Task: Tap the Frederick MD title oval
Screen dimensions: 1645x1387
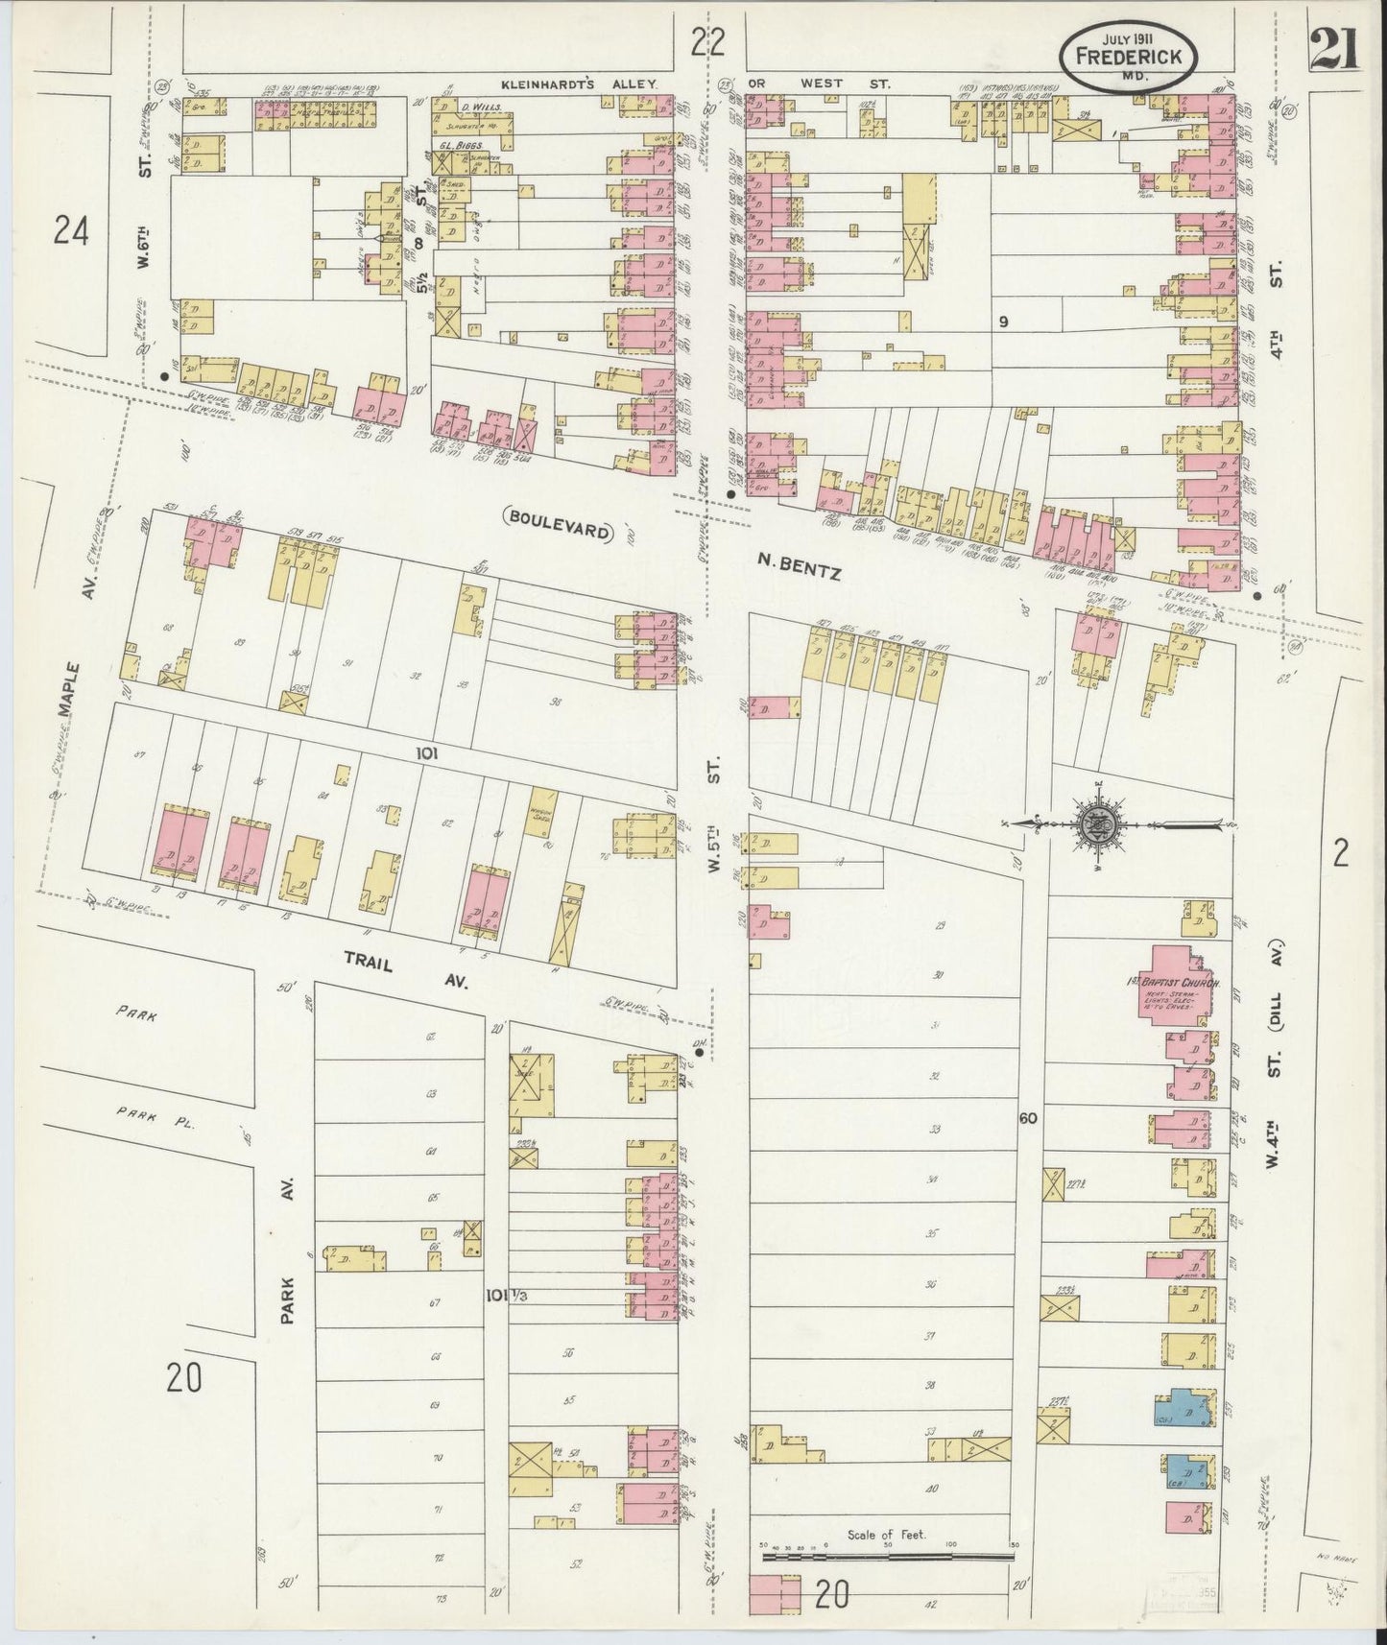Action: (x=1129, y=58)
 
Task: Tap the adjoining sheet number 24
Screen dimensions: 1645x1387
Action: (x=72, y=230)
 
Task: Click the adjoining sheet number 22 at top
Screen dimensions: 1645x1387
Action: (x=707, y=41)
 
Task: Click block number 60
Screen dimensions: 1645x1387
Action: (x=1029, y=1118)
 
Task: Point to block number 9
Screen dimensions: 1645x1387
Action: (x=1002, y=322)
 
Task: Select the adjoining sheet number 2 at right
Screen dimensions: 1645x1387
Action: (x=1341, y=850)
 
